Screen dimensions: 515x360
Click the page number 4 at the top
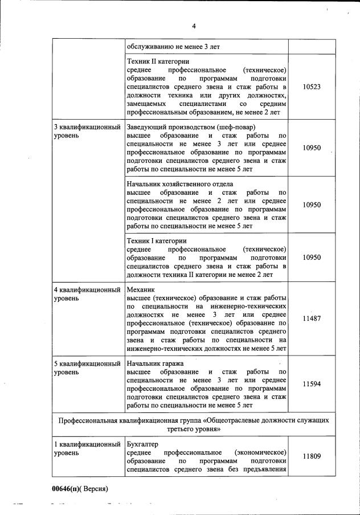click(194, 26)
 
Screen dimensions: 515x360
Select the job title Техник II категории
click(158, 61)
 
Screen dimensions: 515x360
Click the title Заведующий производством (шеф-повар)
click(191, 126)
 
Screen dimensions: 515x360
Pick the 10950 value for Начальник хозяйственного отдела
click(312, 205)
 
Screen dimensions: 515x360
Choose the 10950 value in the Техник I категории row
click(312, 257)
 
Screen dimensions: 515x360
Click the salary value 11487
click(312, 319)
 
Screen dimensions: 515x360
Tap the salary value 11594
click(312, 384)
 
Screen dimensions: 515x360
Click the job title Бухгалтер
click(142, 444)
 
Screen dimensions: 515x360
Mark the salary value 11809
click(312, 456)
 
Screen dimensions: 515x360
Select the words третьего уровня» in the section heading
click(194, 429)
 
